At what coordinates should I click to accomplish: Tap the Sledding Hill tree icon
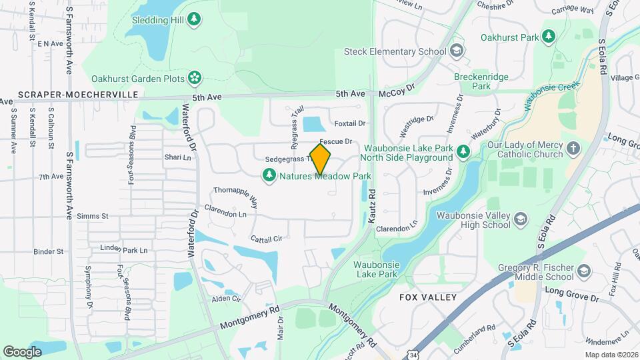(x=194, y=19)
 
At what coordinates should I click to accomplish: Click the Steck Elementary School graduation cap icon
(x=457, y=51)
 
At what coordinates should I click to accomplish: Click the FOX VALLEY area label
(x=427, y=297)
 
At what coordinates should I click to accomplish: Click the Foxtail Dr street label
(x=350, y=123)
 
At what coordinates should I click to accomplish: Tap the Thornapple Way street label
(x=235, y=197)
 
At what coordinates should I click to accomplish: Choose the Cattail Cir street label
(x=267, y=238)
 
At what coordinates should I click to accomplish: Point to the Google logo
(x=22, y=351)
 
